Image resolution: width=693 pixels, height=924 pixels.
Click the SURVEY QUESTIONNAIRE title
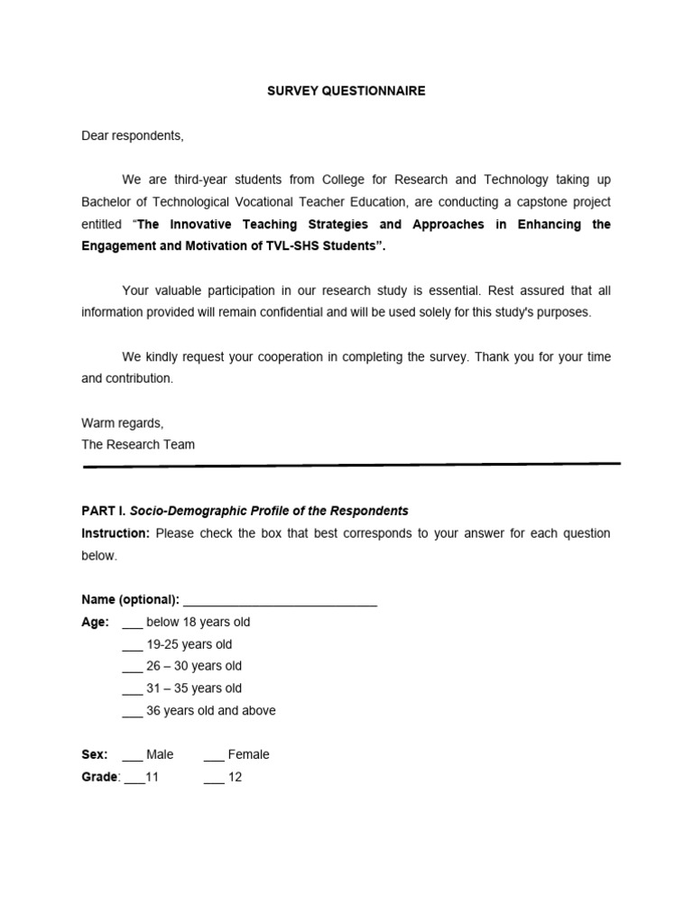pyautogui.click(x=346, y=91)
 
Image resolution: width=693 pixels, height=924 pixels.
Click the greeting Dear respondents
pyautogui.click(x=132, y=135)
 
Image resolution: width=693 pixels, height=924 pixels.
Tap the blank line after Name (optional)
pyautogui.click(x=280, y=601)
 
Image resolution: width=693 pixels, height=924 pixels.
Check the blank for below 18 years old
pyautogui.click(x=132, y=624)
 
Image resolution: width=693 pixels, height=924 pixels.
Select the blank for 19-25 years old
pyautogui.click(x=132, y=645)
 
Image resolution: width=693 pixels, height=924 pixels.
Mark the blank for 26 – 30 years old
pyautogui.click(x=132, y=667)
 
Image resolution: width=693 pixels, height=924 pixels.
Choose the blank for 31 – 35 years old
pyautogui.click(x=132, y=689)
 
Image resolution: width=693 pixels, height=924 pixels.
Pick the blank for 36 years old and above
pyautogui.click(x=132, y=711)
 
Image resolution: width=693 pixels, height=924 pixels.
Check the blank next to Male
pyautogui.click(x=132, y=755)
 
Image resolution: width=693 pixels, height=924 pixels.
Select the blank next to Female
pyautogui.click(x=214, y=755)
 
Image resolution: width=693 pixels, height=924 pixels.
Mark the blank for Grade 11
pyautogui.click(x=134, y=778)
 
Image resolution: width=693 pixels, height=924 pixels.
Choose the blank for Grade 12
pyautogui.click(x=214, y=778)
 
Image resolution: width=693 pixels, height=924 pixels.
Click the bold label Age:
pyautogui.click(x=95, y=623)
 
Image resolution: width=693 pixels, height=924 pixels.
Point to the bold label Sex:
pyautogui.click(x=94, y=754)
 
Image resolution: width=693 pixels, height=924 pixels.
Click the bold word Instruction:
pyautogui.click(x=115, y=533)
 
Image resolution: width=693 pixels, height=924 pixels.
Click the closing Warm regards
pyautogui.click(x=123, y=422)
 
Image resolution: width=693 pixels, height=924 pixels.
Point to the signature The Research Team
pyautogui.click(x=137, y=444)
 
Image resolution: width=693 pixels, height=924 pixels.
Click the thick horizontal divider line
pyautogui.click(x=351, y=466)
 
